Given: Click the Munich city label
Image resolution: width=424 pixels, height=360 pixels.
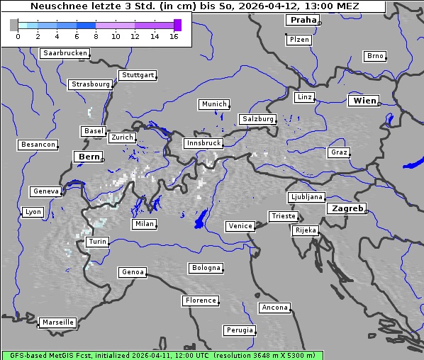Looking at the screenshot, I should click(214, 104).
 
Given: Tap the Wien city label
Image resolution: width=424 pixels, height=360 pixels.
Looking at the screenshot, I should click(364, 101).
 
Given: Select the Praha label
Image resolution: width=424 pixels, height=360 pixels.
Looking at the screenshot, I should click(303, 20).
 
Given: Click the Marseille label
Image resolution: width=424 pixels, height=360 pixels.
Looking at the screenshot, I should click(57, 322).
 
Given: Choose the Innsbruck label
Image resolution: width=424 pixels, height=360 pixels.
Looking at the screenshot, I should click(203, 143).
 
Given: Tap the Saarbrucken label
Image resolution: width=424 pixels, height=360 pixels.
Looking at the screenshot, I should click(65, 53).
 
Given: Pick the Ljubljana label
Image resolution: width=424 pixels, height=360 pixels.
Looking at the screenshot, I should click(306, 197).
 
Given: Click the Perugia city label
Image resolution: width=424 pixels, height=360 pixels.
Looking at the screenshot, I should click(240, 330).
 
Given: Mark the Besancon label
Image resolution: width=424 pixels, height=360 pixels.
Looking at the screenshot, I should click(38, 145).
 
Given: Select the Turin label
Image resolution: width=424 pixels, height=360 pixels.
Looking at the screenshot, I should click(97, 242).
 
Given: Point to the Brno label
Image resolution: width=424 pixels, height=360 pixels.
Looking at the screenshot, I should click(375, 56).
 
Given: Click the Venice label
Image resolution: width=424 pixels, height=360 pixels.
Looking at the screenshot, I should click(240, 226).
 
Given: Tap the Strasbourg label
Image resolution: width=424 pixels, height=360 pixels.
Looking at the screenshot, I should click(91, 84).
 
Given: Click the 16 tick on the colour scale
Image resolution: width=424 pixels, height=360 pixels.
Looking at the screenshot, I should click(174, 36).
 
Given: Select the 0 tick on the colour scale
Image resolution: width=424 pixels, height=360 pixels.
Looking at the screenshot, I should click(17, 36).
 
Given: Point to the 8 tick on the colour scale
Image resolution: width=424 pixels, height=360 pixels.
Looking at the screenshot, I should click(96, 36).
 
